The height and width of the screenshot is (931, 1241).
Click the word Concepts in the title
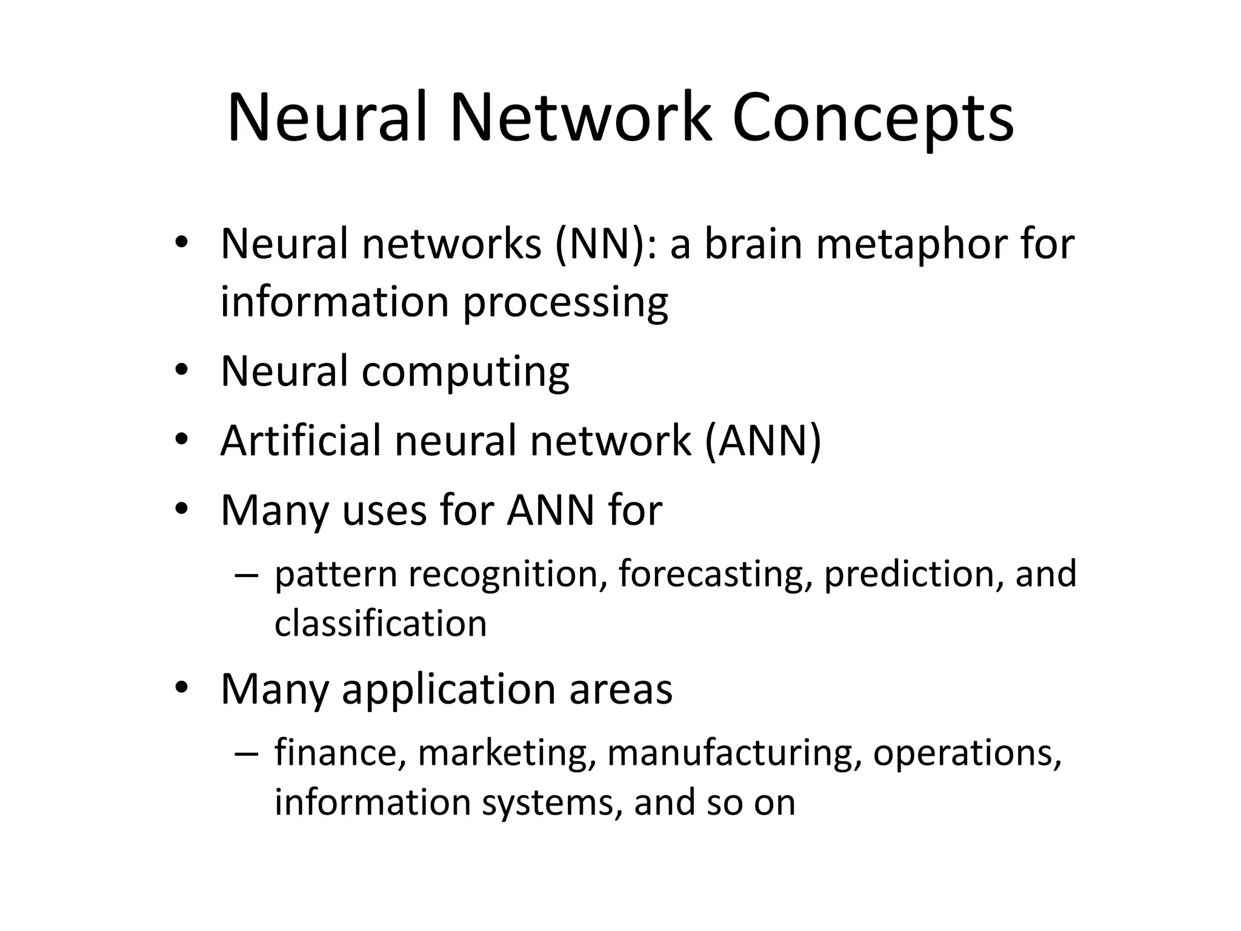point(873,118)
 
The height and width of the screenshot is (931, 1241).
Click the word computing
point(465,372)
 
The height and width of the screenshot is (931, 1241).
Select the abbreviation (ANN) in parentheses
point(763,441)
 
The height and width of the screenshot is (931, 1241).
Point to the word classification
point(381,624)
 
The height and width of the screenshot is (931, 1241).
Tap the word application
point(448,689)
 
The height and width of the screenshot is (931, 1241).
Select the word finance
point(340,752)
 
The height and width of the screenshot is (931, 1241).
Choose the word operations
point(967,753)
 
